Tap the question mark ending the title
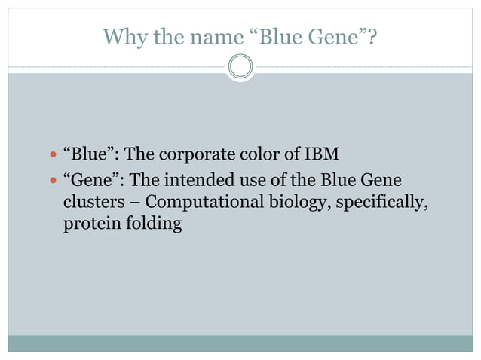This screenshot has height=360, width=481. point(372,36)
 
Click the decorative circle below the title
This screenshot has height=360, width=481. point(240,67)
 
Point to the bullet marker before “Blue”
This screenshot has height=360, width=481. point(52,156)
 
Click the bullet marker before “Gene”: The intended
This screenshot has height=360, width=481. point(52,182)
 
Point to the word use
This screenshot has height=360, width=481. point(253,182)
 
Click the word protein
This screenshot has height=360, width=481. point(88,224)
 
